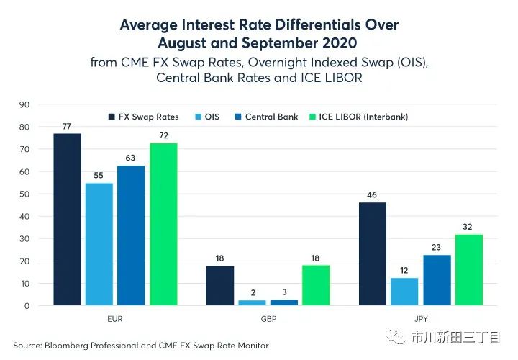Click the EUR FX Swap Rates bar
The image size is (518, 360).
click(x=66, y=220)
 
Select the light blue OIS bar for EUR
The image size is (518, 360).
click(x=99, y=244)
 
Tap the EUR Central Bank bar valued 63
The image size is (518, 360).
click(x=131, y=235)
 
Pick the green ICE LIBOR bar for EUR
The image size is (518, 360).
click(x=163, y=225)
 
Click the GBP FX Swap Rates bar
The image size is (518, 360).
click(x=219, y=286)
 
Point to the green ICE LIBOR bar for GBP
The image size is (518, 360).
click(x=317, y=286)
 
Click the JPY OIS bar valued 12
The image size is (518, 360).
click(x=404, y=292)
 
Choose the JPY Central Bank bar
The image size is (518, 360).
click(x=437, y=280)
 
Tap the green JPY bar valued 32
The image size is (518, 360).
click(x=469, y=270)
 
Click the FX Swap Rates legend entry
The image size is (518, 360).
click(x=144, y=116)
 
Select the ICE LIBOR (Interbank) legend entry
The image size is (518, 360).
click(x=355, y=116)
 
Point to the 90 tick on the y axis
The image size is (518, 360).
click(x=24, y=104)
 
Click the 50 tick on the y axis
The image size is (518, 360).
click(x=24, y=194)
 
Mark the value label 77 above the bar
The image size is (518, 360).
click(x=66, y=125)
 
